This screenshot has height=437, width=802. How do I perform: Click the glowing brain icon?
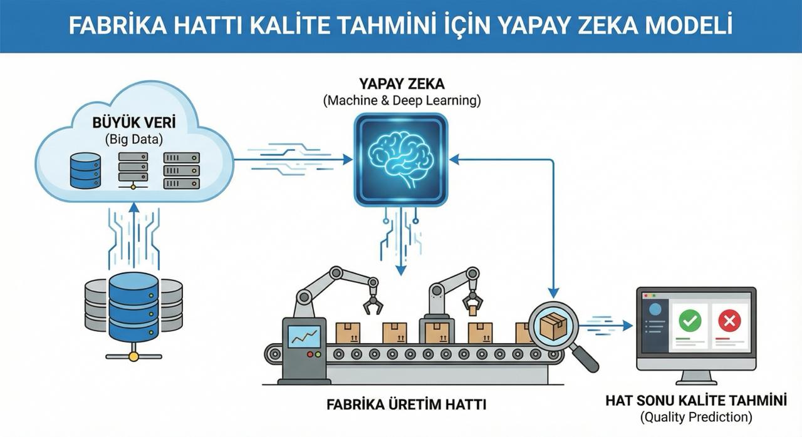pos(400,160)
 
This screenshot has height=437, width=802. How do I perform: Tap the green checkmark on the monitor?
pos(690,322)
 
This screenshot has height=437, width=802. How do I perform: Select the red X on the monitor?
pos(729,322)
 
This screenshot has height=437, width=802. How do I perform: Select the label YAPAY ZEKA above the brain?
pos(402,84)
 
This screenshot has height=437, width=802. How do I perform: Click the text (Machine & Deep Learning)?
pos(402,100)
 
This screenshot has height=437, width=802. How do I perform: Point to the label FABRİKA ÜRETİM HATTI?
pos(406,404)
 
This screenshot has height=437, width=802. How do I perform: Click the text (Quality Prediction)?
pos(695,416)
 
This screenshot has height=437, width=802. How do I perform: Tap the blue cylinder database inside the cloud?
pos(85,171)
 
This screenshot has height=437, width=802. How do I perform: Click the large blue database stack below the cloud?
pos(133,307)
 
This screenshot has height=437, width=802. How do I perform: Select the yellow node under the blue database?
pos(133,356)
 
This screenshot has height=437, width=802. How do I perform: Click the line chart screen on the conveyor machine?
pos(304,336)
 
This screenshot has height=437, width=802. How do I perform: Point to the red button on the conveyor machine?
pos(310,354)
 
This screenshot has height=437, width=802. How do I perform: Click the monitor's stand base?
pos(695,381)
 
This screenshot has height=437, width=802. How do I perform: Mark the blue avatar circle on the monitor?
pos(655,309)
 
